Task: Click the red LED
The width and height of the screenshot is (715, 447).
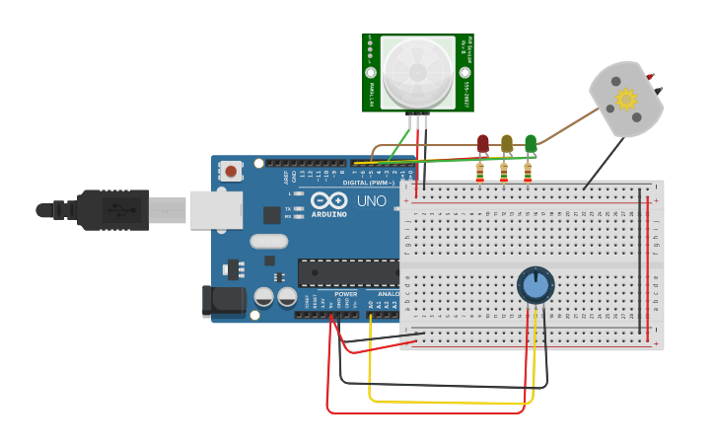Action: coord(482,144)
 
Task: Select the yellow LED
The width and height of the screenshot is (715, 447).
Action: coord(507,144)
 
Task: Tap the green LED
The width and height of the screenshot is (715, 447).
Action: coord(531,144)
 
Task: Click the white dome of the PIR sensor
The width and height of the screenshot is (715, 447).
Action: coord(418,71)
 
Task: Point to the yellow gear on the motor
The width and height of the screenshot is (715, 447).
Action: coord(626,99)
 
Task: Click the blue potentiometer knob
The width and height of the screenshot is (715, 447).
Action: coord(536,285)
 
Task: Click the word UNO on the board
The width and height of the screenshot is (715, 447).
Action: coord(371,200)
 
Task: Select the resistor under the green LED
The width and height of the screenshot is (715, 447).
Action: coord(528,173)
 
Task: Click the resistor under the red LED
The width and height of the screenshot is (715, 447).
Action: coord(480,173)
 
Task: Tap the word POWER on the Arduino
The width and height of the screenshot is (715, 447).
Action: coord(345,294)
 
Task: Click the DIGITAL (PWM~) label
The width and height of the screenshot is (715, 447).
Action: coord(368,183)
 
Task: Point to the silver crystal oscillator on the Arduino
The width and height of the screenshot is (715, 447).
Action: coord(268,241)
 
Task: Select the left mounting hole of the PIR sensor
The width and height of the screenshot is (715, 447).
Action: coord(371,72)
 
